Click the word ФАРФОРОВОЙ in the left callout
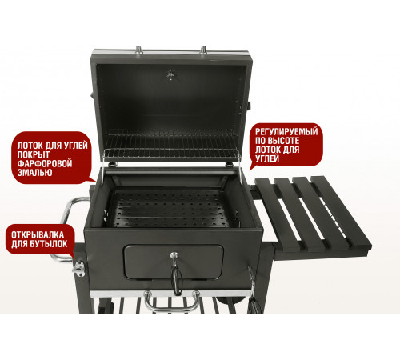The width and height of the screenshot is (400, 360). click(x=45, y=163)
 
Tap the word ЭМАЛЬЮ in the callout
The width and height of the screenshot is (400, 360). click(x=34, y=173)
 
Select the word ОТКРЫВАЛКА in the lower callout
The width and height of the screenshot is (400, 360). click(x=38, y=235)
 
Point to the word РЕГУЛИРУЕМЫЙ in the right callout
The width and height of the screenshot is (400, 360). click(x=286, y=132)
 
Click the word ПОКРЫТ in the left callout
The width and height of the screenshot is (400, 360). click(x=34, y=154)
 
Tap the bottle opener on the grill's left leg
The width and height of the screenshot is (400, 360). click(x=79, y=268)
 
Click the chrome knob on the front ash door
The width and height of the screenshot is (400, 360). click(x=174, y=256)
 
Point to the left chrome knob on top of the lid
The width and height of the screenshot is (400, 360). click(x=139, y=50)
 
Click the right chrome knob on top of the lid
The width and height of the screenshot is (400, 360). click(x=203, y=50)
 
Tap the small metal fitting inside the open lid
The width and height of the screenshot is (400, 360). click(x=170, y=74)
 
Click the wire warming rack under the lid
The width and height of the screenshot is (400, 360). click(x=172, y=146)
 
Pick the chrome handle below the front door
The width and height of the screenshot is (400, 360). click(x=172, y=302)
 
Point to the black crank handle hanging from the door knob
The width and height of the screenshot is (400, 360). click(x=176, y=278)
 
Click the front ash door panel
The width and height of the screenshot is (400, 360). click(x=174, y=262)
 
